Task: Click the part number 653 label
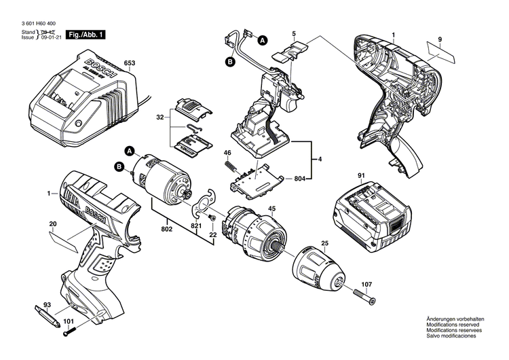tap(130, 65)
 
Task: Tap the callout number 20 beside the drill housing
tap(52, 224)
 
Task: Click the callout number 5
tap(294, 33)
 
